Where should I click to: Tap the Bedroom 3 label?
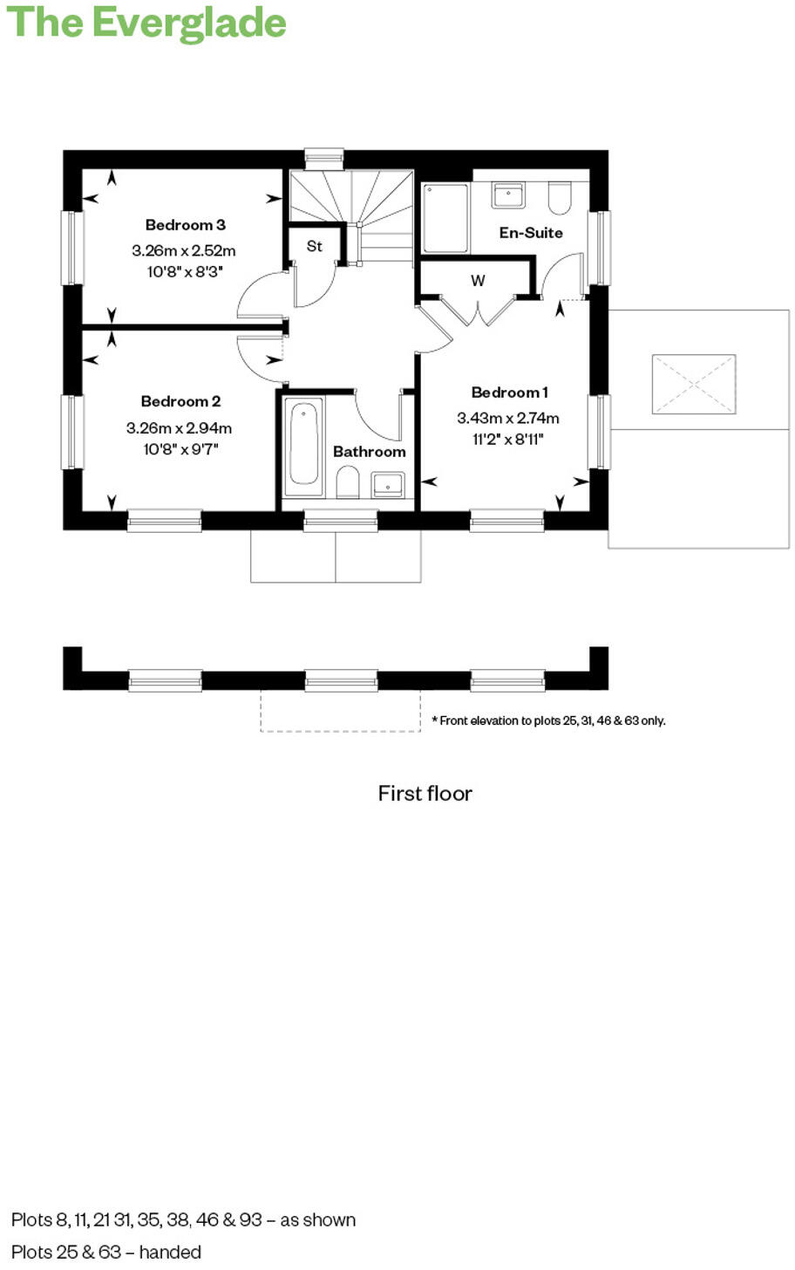(x=185, y=225)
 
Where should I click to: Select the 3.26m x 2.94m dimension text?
(x=179, y=428)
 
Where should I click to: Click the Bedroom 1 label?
(x=509, y=393)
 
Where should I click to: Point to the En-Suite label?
(x=530, y=233)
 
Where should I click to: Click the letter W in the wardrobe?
(x=478, y=281)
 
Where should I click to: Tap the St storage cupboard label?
(x=315, y=247)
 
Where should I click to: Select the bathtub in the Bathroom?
(x=304, y=443)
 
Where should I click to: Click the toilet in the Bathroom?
(x=348, y=481)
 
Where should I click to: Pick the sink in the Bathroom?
(x=388, y=483)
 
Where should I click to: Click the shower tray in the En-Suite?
(x=445, y=217)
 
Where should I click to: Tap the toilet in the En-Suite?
(x=559, y=198)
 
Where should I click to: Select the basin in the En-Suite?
(x=507, y=194)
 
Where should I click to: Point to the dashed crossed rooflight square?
(x=693, y=384)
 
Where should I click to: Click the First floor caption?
(x=425, y=794)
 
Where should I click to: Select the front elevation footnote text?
(x=548, y=720)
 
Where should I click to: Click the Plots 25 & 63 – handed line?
(x=106, y=1252)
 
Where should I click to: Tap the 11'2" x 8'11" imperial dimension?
(x=508, y=440)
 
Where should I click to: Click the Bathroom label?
(x=369, y=452)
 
